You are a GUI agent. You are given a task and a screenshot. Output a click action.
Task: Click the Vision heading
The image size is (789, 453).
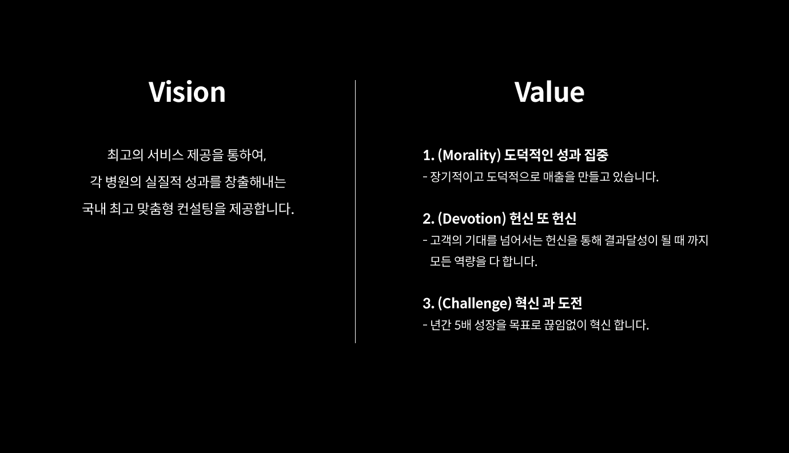pyautogui.click(x=187, y=92)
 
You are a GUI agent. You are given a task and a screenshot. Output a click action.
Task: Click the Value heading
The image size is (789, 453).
pyautogui.click(x=549, y=92)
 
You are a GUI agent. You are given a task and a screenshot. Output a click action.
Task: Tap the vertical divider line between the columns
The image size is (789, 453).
pyautogui.click(x=355, y=212)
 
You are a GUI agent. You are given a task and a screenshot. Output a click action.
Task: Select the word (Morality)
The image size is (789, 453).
pyautogui.click(x=469, y=156)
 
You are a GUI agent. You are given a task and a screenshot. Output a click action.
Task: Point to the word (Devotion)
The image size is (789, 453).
pyautogui.click(x=472, y=218)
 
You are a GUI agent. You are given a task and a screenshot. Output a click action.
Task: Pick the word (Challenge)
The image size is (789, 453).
pyautogui.click(x=475, y=303)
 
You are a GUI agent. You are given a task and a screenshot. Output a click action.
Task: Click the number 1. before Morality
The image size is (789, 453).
pyautogui.click(x=428, y=156)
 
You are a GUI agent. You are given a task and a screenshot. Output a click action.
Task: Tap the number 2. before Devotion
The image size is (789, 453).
pyautogui.click(x=428, y=218)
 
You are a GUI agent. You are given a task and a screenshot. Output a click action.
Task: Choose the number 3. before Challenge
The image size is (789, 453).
pyautogui.click(x=428, y=303)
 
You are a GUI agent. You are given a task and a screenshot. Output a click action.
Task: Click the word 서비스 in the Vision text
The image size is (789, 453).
pyautogui.click(x=165, y=154)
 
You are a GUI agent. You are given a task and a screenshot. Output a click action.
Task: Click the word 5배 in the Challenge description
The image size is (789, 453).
pyautogui.click(x=463, y=325)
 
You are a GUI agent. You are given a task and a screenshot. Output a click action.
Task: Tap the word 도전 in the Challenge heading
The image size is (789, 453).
pyautogui.click(x=570, y=303)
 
